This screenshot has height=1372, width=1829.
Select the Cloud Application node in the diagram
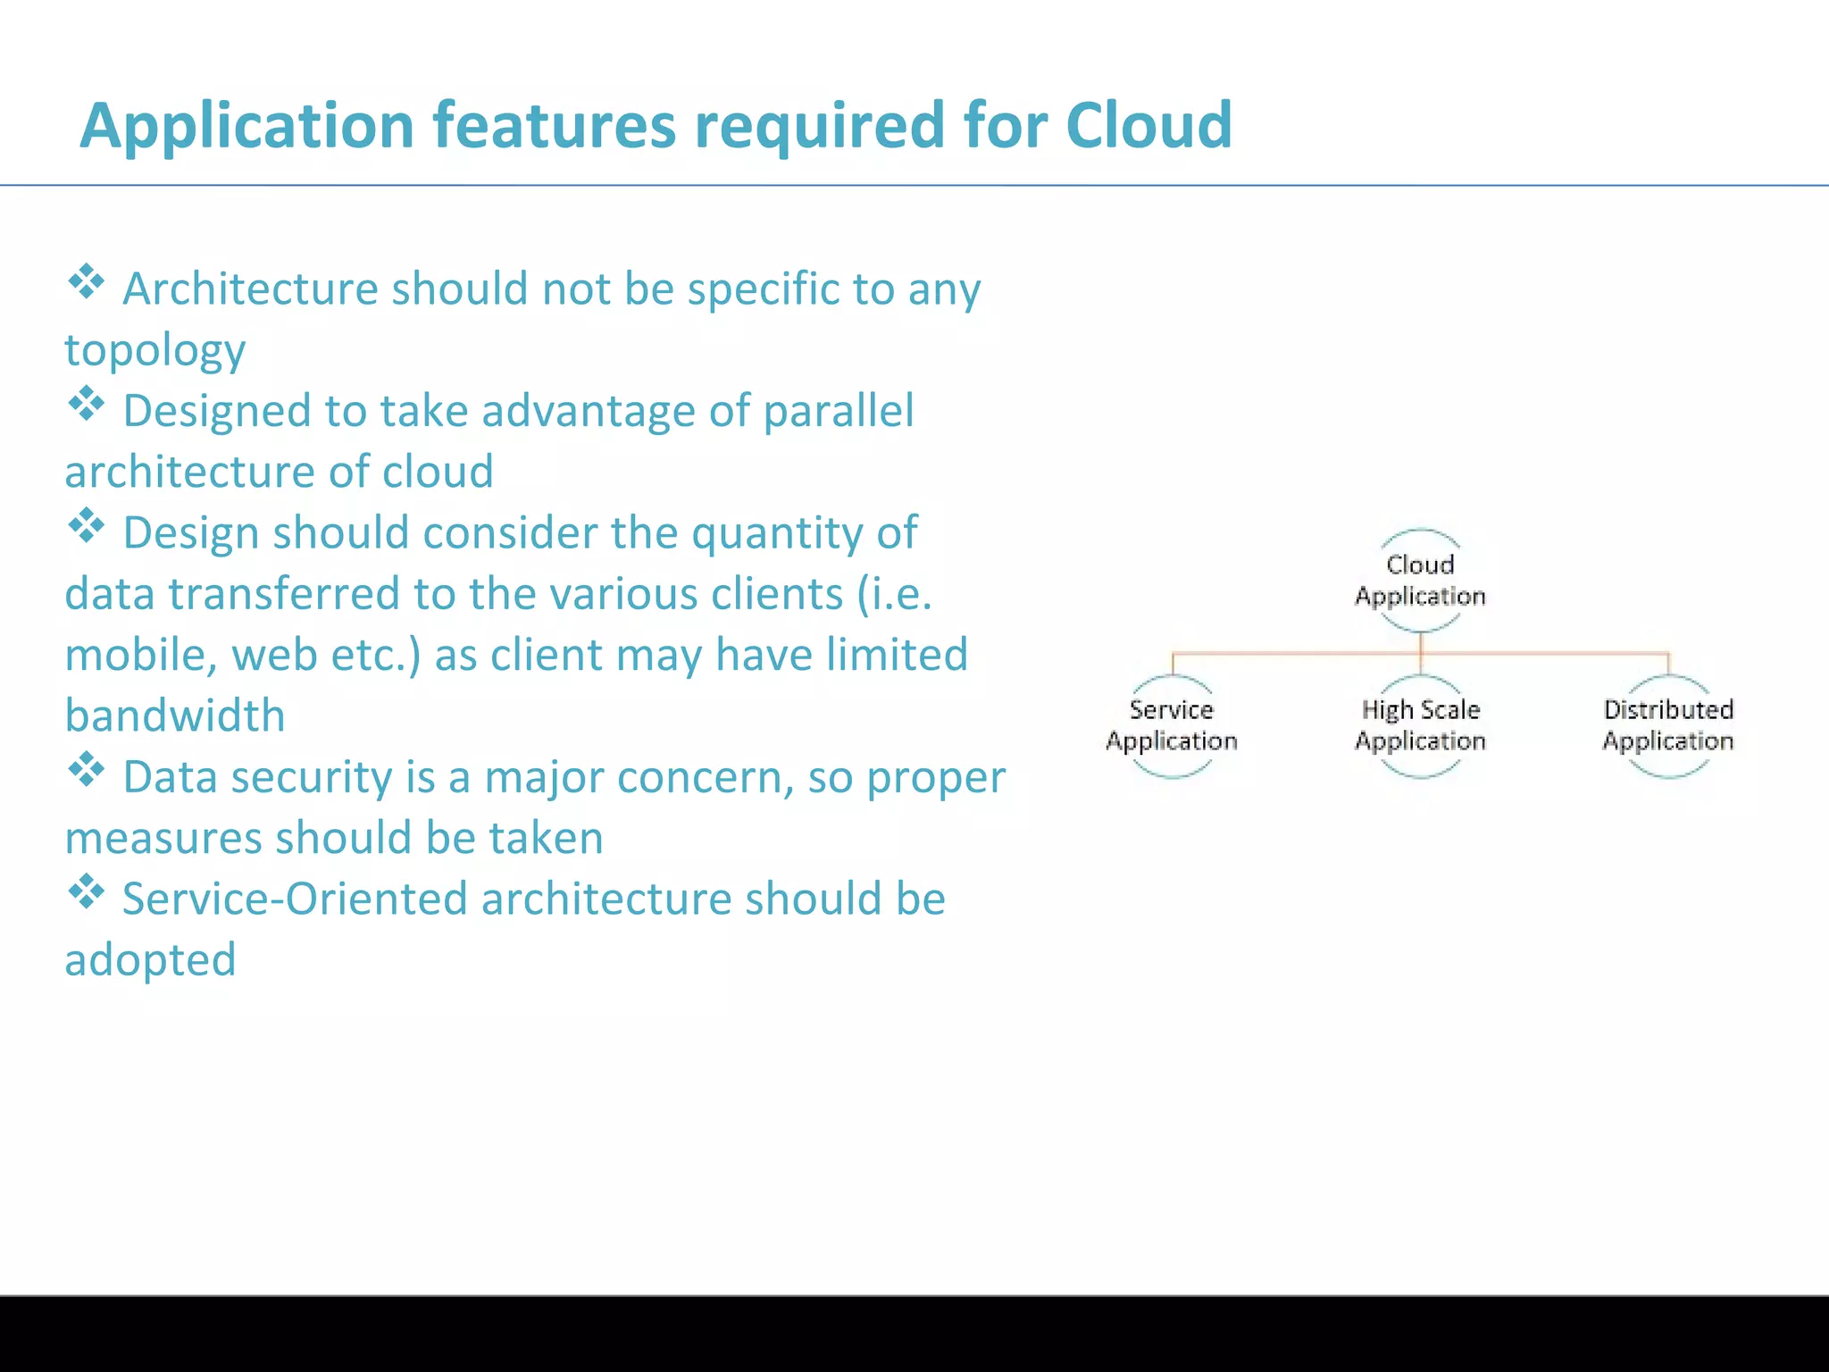(x=1420, y=581)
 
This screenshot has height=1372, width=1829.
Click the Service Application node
(x=1172, y=725)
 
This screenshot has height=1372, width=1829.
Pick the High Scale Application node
(x=1420, y=725)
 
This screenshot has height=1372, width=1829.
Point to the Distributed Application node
(x=1668, y=725)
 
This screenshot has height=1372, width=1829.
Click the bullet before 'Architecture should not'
(x=86, y=282)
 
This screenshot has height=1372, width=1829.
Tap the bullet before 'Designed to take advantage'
(x=86, y=405)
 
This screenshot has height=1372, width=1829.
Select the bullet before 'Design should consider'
(x=86, y=526)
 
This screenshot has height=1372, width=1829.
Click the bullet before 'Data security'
(x=86, y=770)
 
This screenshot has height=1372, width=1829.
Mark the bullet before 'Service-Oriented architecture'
(x=86, y=892)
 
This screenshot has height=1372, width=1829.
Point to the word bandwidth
(x=175, y=716)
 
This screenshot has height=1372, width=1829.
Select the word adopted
(x=150, y=961)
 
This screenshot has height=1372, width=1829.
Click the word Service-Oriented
(x=295, y=899)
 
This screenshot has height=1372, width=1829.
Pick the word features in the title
(x=555, y=125)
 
